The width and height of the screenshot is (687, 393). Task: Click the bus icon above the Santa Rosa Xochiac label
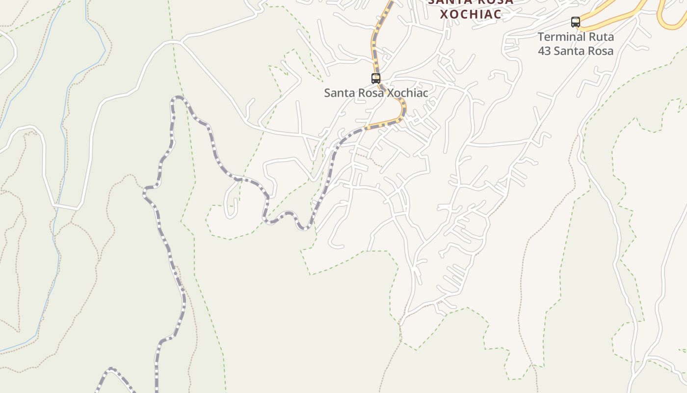pos(376,78)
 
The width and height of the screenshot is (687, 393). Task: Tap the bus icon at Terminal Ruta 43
pos(576,22)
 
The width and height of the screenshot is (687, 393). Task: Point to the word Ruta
pos(600,37)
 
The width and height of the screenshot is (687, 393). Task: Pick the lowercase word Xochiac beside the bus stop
pos(408,93)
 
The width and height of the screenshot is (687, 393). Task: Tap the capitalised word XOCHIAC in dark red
pos(471,14)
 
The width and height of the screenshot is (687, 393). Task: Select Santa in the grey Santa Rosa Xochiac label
pos(340,93)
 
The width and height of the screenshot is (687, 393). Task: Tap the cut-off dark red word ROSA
pos(495,1)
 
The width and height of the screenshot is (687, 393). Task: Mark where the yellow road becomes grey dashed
pos(366,128)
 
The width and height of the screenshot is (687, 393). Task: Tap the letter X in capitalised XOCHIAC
pos(444,14)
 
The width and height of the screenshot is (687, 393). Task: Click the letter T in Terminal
pos(541,37)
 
